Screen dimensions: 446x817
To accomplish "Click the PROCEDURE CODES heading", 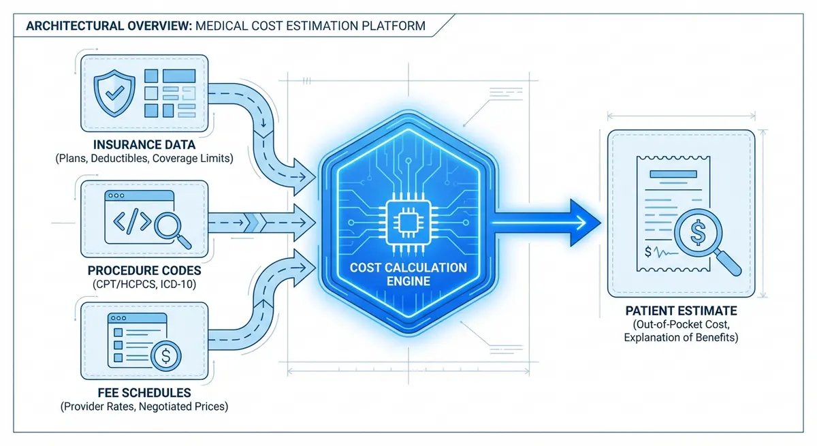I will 144,270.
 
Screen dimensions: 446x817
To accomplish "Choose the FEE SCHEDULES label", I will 144,394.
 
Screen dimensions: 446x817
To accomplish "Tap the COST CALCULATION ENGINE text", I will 408,274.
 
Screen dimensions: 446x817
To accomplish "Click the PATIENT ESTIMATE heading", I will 681,310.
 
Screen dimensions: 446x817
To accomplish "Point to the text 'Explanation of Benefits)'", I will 681,337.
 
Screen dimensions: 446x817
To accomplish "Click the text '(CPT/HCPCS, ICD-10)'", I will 144,284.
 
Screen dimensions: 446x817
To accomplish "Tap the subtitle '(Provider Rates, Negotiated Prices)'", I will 144,407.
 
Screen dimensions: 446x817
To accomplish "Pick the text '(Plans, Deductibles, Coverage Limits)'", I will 144,159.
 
